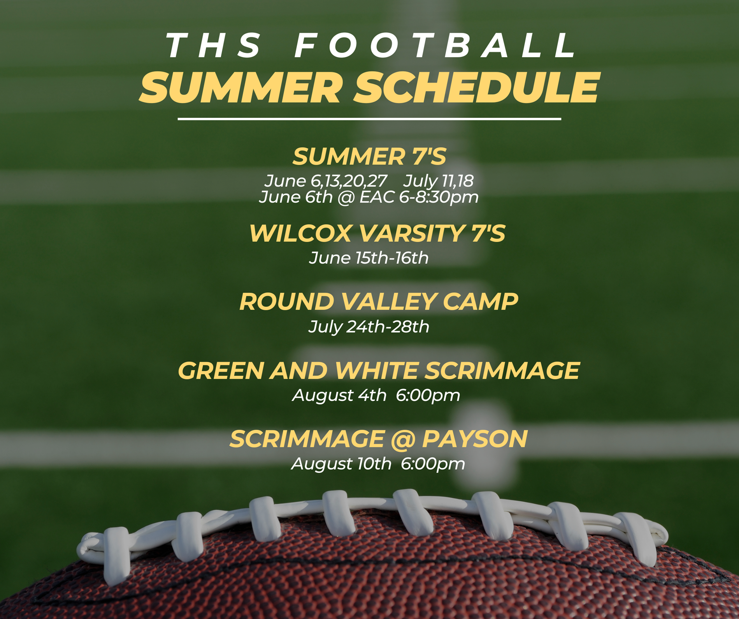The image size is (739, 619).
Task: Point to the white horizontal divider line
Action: coord(369,119)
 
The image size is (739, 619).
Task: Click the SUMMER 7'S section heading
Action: coord(369,156)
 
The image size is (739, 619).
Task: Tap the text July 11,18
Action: coord(439,181)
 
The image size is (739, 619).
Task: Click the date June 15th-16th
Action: coord(369,258)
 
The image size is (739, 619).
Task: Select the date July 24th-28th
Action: coord(369,327)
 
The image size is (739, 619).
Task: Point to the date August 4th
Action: coord(339,395)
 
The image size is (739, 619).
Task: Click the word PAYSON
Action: coord(475,439)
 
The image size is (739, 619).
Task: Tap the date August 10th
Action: coord(341,464)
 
